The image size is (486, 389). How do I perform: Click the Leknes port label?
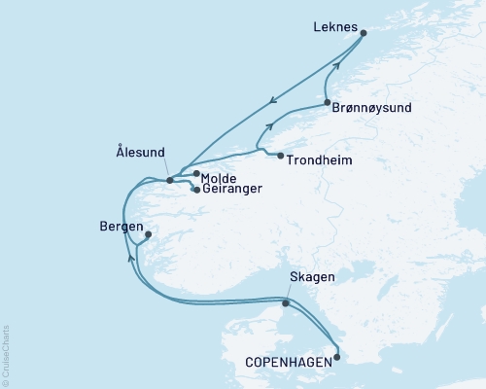click(334, 28)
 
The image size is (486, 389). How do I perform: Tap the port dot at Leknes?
click(364, 33)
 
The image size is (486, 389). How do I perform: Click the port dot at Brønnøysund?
click(327, 103)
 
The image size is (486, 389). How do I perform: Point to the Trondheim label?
click(320, 158)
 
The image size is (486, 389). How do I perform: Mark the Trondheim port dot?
click(280, 157)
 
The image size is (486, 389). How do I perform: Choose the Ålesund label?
click(139, 152)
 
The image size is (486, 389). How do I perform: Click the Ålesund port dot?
click(169, 180)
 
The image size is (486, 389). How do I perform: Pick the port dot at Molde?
click(197, 174)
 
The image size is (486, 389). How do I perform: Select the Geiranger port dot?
click(197, 190)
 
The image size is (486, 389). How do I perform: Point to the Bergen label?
click(121, 226)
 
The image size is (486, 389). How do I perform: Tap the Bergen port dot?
click(148, 234)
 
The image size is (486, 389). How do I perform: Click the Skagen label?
click(312, 278)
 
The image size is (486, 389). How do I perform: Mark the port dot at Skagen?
click(285, 303)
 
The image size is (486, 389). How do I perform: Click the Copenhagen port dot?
click(337, 357)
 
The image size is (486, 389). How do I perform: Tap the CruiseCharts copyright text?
click(6, 346)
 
